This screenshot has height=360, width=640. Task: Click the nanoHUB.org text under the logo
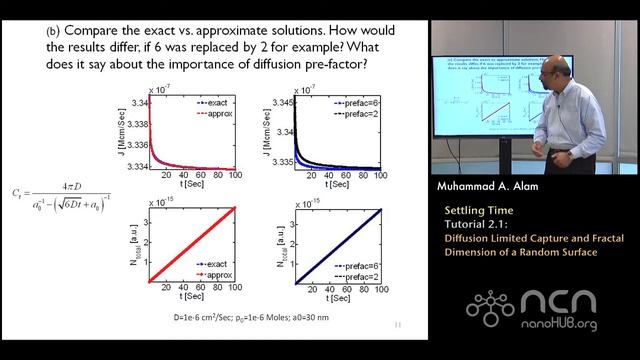574,326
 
